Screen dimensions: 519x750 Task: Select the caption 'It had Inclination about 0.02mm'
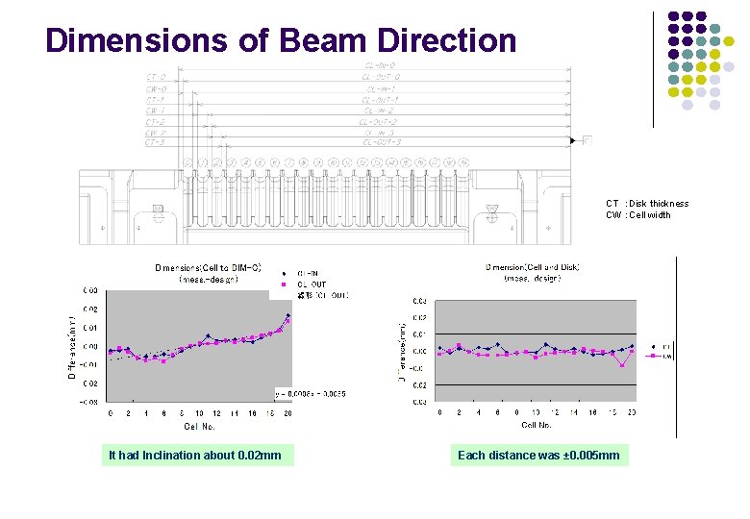click(x=195, y=455)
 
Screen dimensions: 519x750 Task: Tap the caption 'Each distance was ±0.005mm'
click(x=538, y=455)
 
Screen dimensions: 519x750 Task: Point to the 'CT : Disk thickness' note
click(x=647, y=204)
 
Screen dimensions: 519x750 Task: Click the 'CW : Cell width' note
click(x=638, y=215)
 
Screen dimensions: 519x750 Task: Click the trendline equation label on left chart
click(x=310, y=394)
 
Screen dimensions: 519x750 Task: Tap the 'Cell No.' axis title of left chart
click(x=199, y=425)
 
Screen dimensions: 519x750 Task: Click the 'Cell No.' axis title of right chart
click(x=537, y=424)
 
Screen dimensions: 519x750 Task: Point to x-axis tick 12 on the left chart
click(x=217, y=413)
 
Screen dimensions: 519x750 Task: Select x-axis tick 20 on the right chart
click(x=631, y=412)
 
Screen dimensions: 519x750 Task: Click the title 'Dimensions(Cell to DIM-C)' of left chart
click(x=209, y=267)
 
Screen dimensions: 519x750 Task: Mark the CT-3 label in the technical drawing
click(x=155, y=141)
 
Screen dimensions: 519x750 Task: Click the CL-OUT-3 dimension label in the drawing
click(x=382, y=141)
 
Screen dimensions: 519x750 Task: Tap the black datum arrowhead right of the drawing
click(x=574, y=141)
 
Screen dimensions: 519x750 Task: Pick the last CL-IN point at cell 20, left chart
click(x=287, y=315)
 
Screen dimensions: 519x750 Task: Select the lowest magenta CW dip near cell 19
click(x=623, y=365)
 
